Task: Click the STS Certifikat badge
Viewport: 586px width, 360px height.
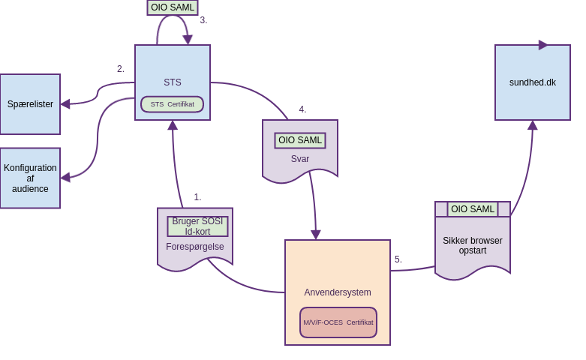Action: [x=172, y=104]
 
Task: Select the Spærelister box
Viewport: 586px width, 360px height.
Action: [x=30, y=104]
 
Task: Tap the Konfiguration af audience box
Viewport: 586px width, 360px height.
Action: [x=30, y=178]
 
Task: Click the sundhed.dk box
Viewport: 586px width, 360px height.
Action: [x=533, y=82]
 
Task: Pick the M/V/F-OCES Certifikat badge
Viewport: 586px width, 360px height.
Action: [x=338, y=322]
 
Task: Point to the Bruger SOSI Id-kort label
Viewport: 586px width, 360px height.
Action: [x=197, y=226]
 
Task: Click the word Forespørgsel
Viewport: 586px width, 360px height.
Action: [x=195, y=247]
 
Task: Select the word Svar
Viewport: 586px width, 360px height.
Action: [x=300, y=159]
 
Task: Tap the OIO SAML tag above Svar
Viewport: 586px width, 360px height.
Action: [x=300, y=140]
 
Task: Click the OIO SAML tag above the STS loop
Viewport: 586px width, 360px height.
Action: [x=173, y=7]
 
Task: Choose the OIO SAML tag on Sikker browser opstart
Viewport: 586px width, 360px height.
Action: [x=473, y=209]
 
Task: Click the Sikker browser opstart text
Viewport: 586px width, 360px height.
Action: [x=473, y=245]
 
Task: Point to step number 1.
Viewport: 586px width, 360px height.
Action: [x=197, y=197]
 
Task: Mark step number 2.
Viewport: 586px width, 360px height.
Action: [x=121, y=69]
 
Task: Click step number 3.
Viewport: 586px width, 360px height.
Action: [x=203, y=20]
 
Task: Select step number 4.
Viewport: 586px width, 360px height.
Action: [x=302, y=109]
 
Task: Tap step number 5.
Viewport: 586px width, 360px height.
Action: [x=398, y=259]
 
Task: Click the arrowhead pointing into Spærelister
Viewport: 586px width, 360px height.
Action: [x=65, y=104]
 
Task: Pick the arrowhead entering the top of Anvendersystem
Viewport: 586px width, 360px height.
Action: [x=316, y=235]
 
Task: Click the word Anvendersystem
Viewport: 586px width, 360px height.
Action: [x=338, y=292]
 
